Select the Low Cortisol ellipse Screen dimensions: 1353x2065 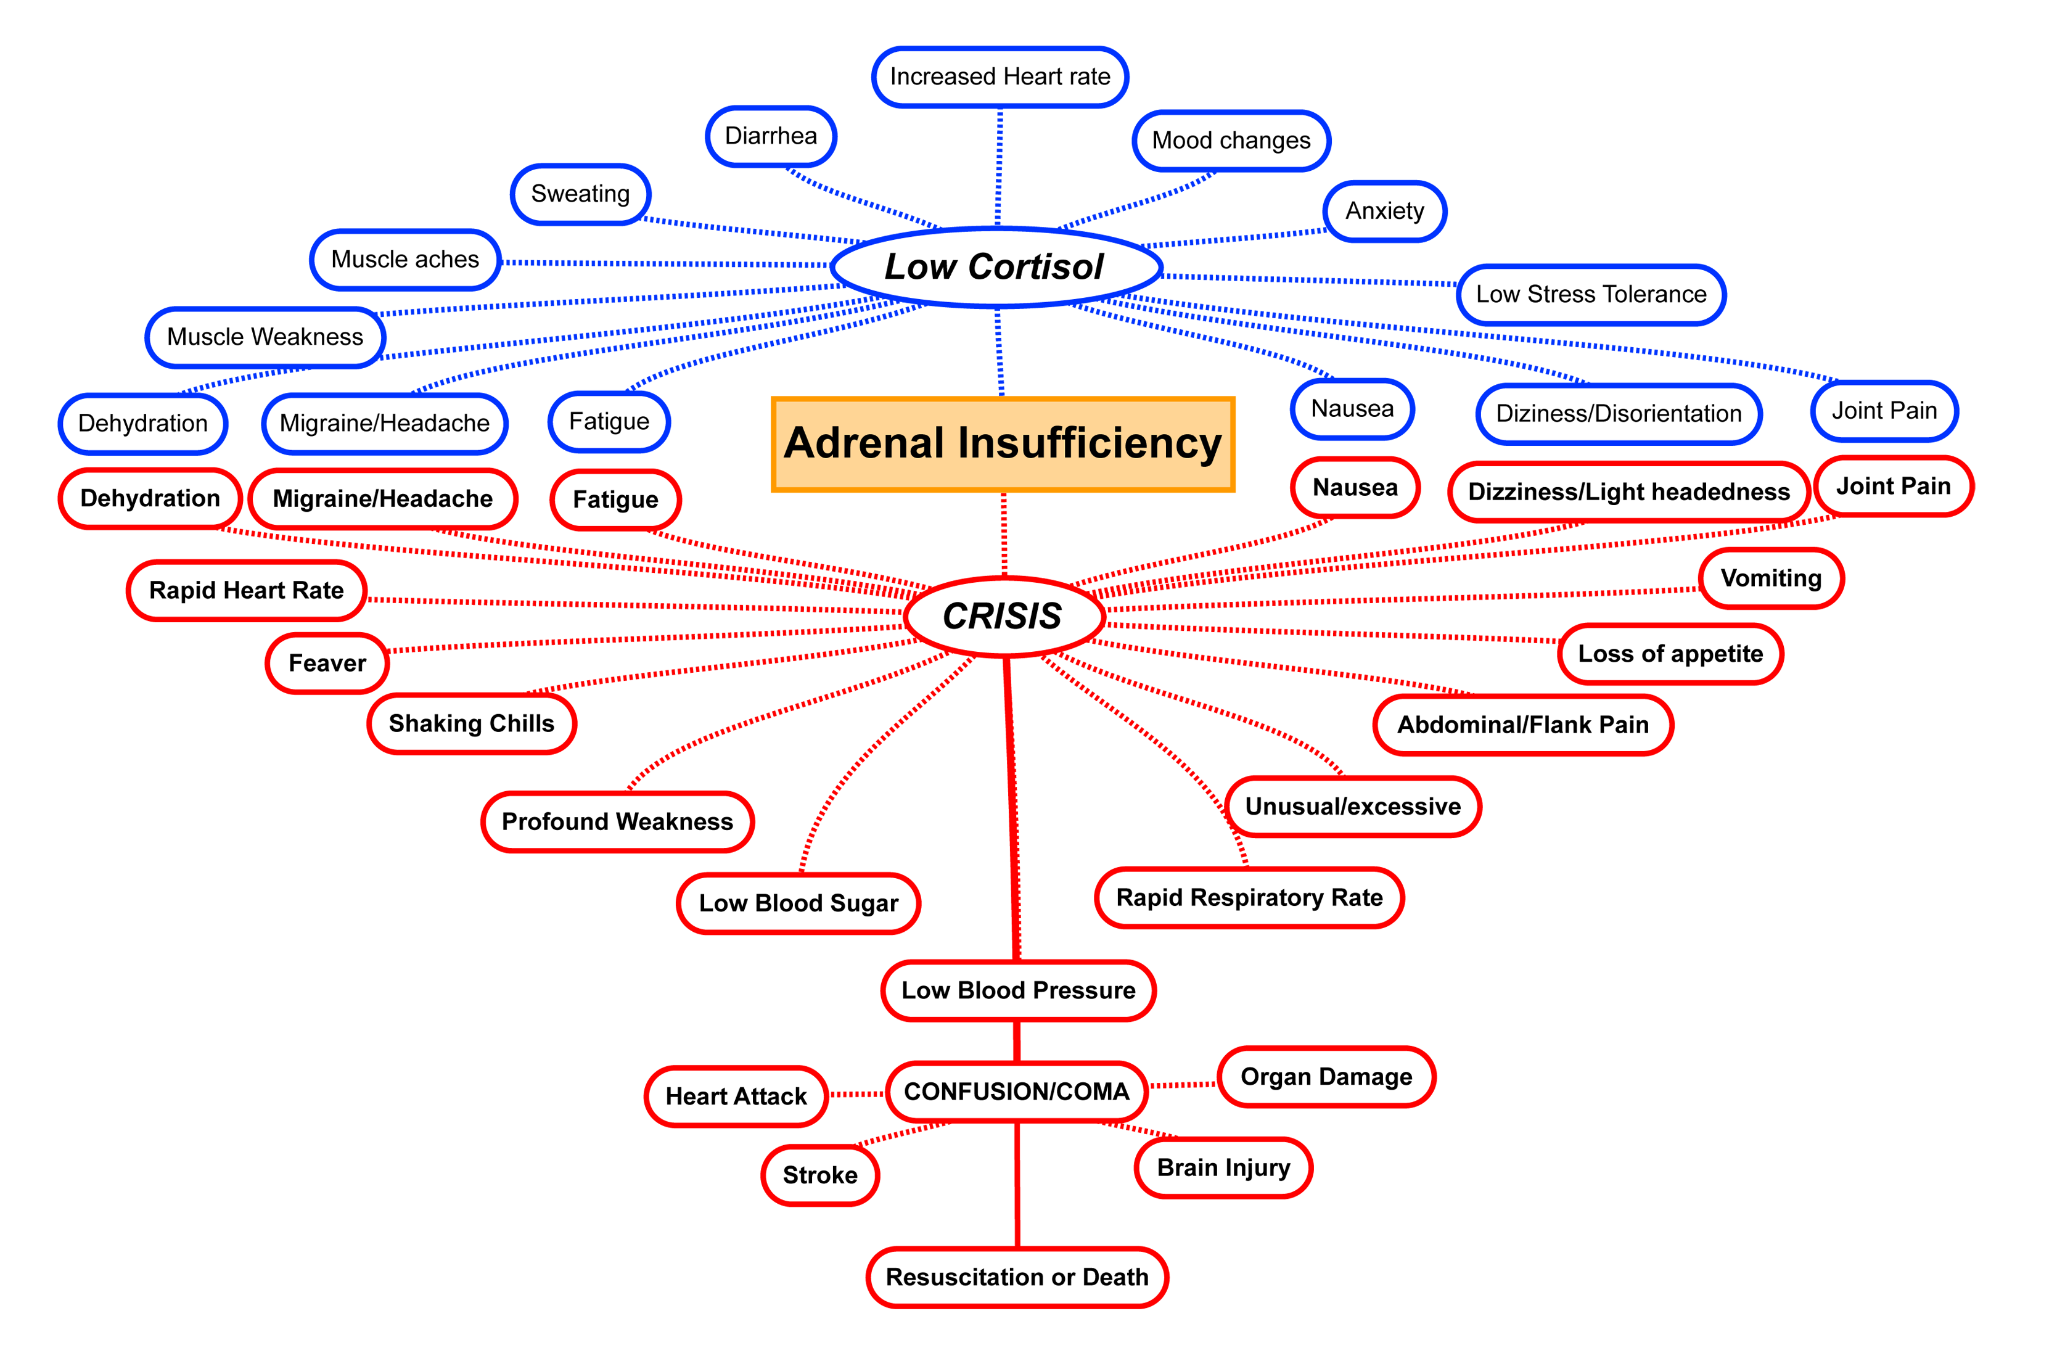[x=995, y=266]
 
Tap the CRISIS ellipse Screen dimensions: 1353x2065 [x=1003, y=616]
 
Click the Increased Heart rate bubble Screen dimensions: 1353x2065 [x=1000, y=77]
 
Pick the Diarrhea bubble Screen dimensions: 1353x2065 [x=771, y=136]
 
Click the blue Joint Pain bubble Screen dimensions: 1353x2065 [x=1884, y=411]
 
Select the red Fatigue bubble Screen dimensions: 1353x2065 [x=615, y=500]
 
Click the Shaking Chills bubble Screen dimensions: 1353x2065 [x=471, y=724]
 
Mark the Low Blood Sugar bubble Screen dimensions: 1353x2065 [x=798, y=903]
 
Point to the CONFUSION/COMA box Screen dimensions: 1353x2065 [x=1016, y=1091]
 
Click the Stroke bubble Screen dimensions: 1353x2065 [x=820, y=1175]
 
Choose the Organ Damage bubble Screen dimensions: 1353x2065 [x=1326, y=1077]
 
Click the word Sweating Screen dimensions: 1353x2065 [x=580, y=194]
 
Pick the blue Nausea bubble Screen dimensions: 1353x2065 [x=1352, y=409]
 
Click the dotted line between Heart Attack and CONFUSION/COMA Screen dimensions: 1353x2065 [x=856, y=1095]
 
